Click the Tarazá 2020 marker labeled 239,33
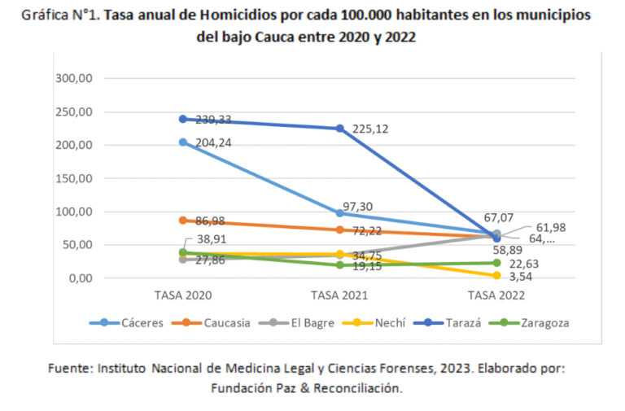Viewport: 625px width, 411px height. [x=183, y=119]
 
